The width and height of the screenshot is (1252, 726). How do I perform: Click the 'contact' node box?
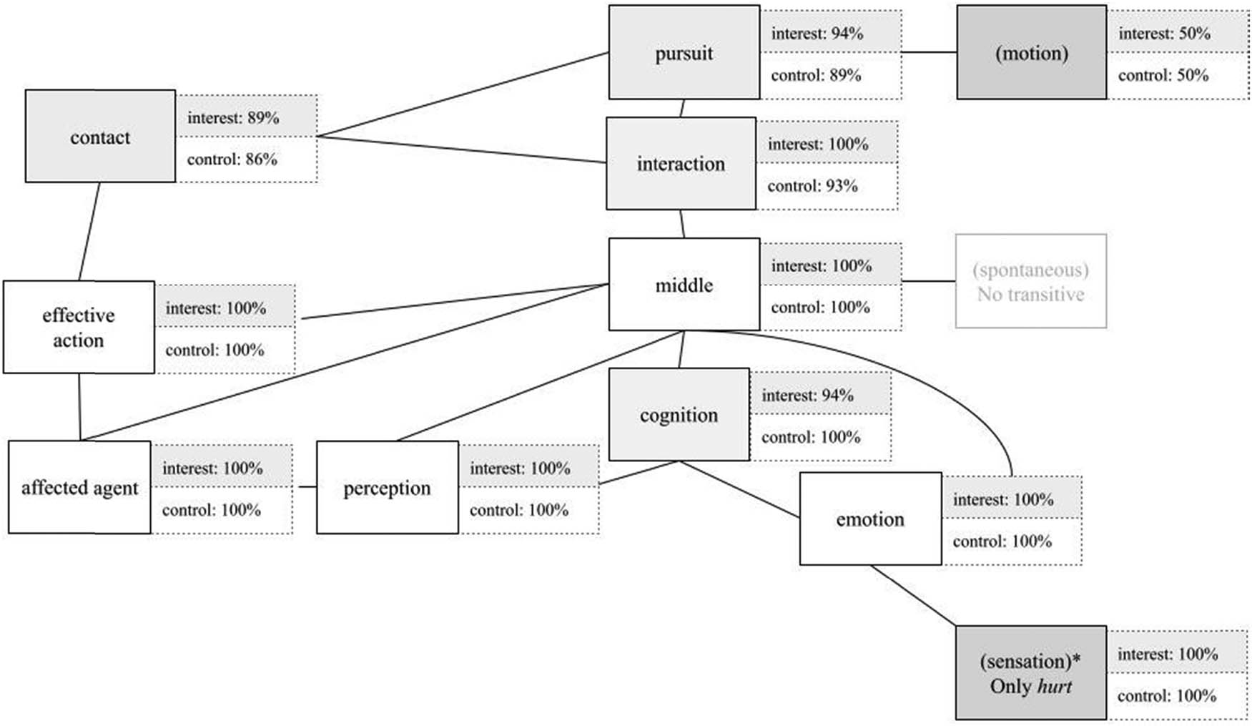100,136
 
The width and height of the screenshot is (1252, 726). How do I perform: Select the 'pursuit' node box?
684,53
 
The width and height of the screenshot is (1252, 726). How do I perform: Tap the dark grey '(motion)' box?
1031,53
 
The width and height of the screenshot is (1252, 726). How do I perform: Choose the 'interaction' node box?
681,164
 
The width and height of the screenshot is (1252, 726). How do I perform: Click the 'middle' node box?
684,285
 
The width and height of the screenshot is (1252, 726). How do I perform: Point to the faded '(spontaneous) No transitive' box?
1030,282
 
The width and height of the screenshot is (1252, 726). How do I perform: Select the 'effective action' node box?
79,327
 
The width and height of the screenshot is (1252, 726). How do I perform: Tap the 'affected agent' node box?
79,487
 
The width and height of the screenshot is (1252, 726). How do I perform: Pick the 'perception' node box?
387,487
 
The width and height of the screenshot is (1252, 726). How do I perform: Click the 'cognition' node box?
679,415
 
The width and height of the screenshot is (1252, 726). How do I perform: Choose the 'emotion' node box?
870,519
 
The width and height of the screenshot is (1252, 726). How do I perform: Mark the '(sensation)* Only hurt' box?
1030,673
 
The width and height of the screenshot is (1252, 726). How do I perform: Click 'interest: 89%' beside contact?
233,117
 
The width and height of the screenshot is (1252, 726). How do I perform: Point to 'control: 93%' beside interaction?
812,186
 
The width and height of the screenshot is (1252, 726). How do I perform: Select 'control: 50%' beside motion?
1163,75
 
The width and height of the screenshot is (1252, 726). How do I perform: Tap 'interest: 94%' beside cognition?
807,395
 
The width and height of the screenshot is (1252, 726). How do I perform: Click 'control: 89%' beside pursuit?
816,75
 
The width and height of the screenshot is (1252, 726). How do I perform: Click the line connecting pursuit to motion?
929,52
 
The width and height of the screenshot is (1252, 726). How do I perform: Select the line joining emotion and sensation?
913,595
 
